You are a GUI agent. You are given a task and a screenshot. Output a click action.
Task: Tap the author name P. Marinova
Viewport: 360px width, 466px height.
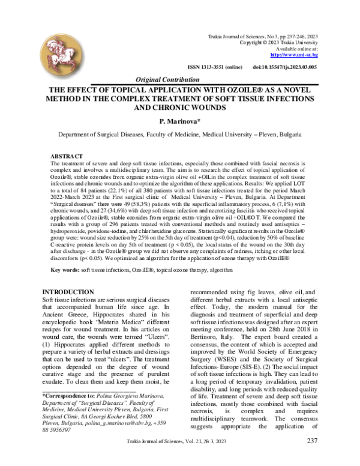tap(179, 120)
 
